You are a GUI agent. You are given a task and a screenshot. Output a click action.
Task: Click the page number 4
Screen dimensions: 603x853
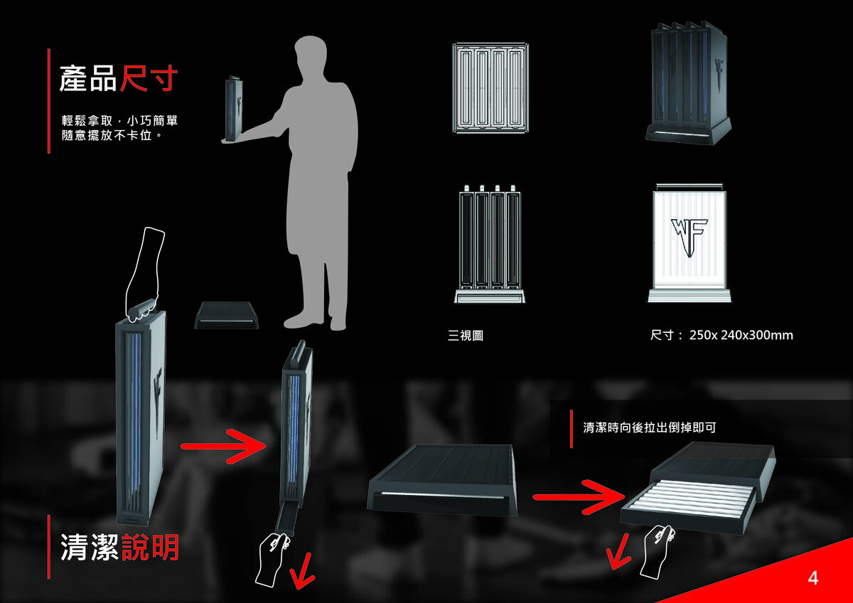click(813, 578)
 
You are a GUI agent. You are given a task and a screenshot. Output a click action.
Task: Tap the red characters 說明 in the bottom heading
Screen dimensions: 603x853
click(150, 548)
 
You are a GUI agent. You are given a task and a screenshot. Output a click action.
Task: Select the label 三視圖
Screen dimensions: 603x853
click(466, 335)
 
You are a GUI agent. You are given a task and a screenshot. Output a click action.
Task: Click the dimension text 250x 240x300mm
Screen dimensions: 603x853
click(741, 335)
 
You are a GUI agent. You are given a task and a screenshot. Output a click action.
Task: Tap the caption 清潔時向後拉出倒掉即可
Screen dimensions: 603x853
click(649, 427)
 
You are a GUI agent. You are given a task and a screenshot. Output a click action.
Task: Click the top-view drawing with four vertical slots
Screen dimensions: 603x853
click(490, 87)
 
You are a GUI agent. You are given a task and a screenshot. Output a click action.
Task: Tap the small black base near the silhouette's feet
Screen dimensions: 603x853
click(227, 315)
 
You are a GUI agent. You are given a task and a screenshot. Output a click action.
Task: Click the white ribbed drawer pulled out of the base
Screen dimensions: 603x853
click(687, 501)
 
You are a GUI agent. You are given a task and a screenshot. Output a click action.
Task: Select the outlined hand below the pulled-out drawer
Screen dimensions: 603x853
click(657, 550)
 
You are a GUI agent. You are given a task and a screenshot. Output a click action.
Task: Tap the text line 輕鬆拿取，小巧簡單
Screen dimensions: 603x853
click(124, 120)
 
